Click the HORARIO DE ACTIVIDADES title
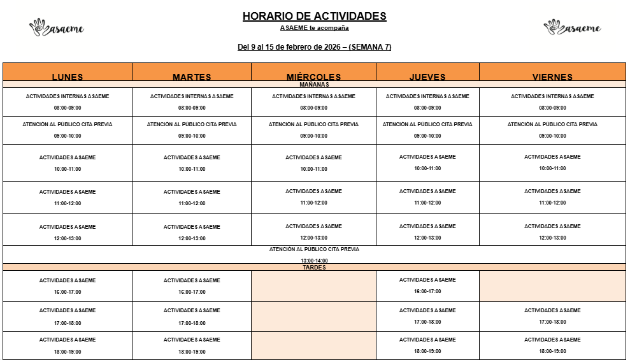pyautogui.click(x=314, y=17)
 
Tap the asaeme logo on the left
pyautogui.click(x=57, y=27)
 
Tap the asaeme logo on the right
pyautogui.click(x=572, y=27)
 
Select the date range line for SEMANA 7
pyautogui.click(x=314, y=47)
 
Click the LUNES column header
pyautogui.click(x=68, y=76)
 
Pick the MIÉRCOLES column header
pyautogui.click(x=313, y=76)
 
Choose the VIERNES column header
pyautogui.click(x=552, y=76)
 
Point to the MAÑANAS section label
pyautogui.click(x=314, y=84)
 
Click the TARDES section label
pyautogui.click(x=314, y=268)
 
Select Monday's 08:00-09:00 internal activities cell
pyautogui.click(x=68, y=102)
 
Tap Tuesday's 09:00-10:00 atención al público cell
pyautogui.click(x=192, y=130)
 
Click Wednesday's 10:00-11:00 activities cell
pyautogui.click(x=313, y=163)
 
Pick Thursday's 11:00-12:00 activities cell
pyautogui.click(x=427, y=197)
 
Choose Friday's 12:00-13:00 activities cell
pyautogui.click(x=552, y=231)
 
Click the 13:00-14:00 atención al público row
pyautogui.click(x=314, y=255)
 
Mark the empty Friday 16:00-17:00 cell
pyautogui.click(x=552, y=285)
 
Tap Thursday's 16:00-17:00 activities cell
pyautogui.click(x=427, y=285)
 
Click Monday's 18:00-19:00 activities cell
pyautogui.click(x=68, y=345)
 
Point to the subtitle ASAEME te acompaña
pyautogui.click(x=314, y=28)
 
